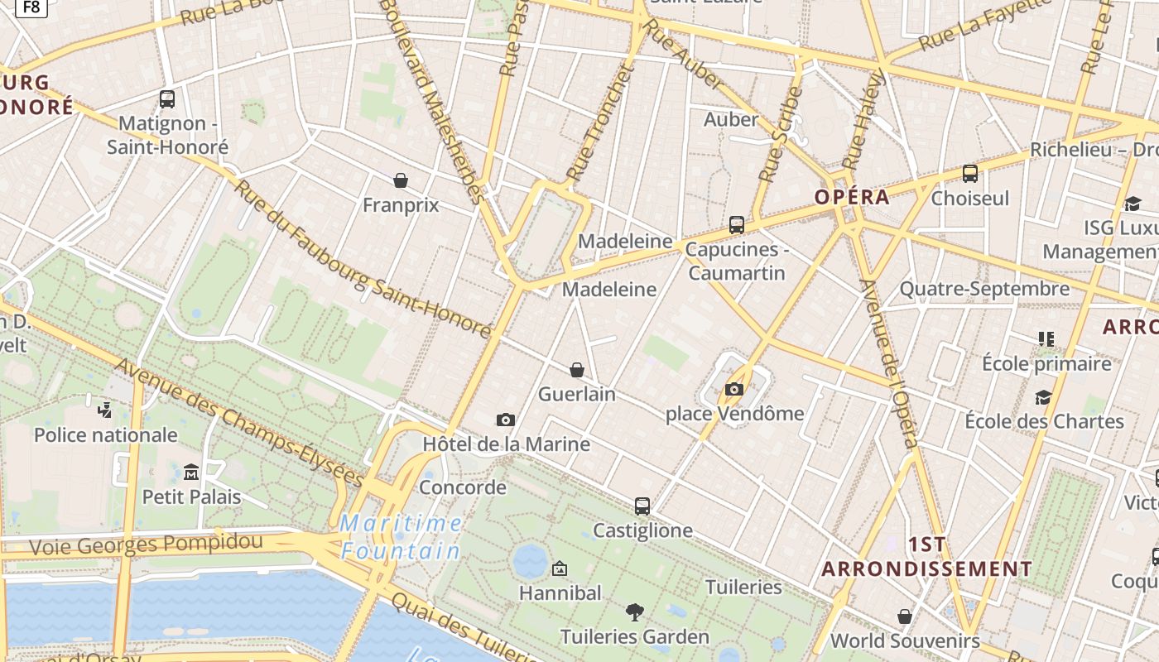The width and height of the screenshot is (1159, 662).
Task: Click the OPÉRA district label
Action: [x=852, y=197]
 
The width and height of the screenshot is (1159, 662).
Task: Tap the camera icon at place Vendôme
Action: [x=733, y=389]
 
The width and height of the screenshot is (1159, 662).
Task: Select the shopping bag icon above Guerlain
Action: [x=577, y=370]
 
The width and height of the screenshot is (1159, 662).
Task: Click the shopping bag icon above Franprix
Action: [x=401, y=180]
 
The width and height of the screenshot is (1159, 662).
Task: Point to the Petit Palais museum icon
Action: [x=191, y=473]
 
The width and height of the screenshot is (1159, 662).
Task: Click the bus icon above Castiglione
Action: [x=642, y=506]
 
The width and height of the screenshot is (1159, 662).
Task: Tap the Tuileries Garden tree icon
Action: [x=635, y=612]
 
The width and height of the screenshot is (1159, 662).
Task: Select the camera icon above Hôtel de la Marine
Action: [x=506, y=420]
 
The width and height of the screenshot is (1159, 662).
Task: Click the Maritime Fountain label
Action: [x=401, y=536]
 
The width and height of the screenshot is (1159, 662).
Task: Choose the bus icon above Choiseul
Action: [x=970, y=174]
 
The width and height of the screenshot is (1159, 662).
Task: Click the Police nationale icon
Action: [x=105, y=410]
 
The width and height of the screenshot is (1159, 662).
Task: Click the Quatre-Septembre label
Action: [x=984, y=289]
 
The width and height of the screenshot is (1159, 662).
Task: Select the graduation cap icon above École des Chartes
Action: [x=1043, y=397]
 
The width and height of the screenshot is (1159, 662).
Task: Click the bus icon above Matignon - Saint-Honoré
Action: [x=167, y=99]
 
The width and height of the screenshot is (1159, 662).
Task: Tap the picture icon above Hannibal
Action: [x=560, y=568]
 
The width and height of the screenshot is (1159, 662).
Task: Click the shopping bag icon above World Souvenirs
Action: [x=904, y=616]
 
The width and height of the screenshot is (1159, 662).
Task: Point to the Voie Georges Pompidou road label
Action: [x=146, y=544]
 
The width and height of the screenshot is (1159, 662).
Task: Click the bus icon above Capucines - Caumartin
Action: [x=736, y=225]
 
